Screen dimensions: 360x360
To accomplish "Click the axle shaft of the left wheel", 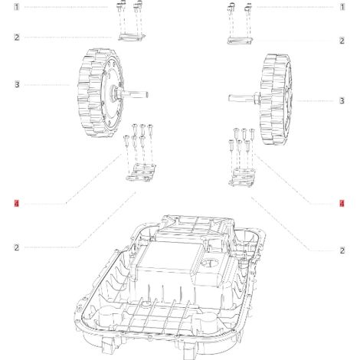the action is click(x=136, y=93).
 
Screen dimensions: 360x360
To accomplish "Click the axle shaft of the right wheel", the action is click(x=241, y=98).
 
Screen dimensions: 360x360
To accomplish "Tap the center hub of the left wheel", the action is click(x=113, y=92).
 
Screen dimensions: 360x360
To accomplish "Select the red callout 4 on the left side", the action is click(x=17, y=204).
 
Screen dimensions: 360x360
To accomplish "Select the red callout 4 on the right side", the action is click(x=342, y=204).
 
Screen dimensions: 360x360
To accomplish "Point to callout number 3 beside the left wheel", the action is click(x=17, y=84).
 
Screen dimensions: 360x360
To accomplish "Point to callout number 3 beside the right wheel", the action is click(x=342, y=100).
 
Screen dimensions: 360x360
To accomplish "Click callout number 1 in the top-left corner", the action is click(x=16, y=7).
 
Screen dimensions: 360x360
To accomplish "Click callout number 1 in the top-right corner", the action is click(x=342, y=7).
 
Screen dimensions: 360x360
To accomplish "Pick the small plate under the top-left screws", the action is click(x=132, y=38).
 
